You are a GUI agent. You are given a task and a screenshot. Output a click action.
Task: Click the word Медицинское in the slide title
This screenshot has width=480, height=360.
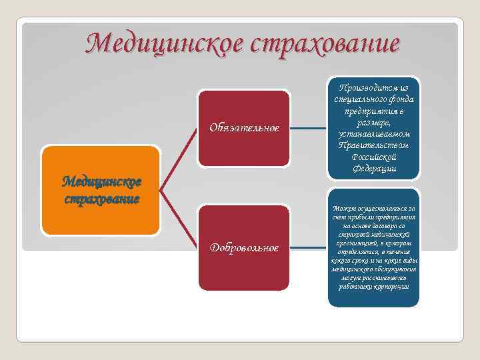coord(166,44)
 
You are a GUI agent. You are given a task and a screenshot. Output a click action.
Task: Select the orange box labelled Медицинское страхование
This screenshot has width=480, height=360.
coord(101,191)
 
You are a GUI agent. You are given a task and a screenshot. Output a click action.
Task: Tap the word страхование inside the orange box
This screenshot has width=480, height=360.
coord(101,199)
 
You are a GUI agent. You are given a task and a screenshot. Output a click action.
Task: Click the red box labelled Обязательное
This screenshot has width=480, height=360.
coord(244,127)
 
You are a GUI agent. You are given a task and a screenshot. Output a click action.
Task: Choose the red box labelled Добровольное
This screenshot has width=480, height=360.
coord(244,248)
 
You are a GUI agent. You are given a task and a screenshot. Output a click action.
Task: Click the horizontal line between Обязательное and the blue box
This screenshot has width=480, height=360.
coord(311,127)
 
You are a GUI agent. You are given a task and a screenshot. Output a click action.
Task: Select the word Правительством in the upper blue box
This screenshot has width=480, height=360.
coord(374,145)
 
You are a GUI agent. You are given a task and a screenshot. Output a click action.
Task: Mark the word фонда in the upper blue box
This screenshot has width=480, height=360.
coord(401,99)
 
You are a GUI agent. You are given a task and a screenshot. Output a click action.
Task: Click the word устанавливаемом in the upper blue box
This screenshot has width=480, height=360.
coord(374,134)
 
